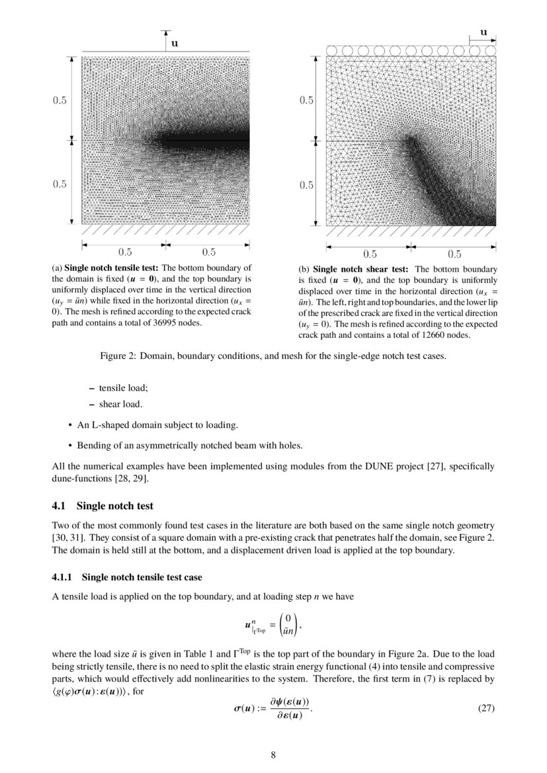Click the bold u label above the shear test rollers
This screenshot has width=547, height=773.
484,31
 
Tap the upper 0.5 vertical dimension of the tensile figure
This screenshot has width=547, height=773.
60,101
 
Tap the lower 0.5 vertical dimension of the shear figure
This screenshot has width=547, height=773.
306,185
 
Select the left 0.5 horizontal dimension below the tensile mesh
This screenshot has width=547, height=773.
125,252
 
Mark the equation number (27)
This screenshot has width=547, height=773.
485,708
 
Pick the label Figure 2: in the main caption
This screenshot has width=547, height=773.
117,356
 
